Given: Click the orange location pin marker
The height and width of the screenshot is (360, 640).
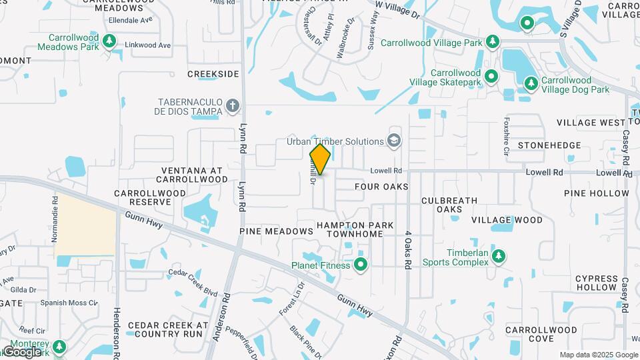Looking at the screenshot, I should coord(320,159).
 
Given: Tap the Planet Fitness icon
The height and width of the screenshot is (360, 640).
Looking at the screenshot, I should coord(361,265).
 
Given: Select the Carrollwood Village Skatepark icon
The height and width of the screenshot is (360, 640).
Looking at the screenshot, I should coord(491,77).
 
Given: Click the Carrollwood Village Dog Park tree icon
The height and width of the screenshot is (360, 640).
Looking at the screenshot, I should coord(531,84).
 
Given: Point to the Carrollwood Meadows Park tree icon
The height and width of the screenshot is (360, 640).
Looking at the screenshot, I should coord(109,42).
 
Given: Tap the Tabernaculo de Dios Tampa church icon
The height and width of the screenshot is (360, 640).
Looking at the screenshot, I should coord(232,105).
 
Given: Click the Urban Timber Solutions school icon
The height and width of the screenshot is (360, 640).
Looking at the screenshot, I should coord(395,141).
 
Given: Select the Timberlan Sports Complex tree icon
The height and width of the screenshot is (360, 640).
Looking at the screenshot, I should coord(497,256).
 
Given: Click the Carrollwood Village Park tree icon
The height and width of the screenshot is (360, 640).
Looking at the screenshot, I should coord(493,43).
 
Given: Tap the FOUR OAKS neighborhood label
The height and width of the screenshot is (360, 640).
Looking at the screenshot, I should coord(381,187).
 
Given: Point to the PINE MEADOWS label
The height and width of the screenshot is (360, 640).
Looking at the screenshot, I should coord(276,231).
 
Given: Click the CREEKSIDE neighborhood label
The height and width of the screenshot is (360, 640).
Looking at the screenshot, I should coord(213,74).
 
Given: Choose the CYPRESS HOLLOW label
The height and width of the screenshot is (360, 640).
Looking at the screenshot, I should coord(597,283).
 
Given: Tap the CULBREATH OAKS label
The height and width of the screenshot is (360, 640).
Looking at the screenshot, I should coord(449,205).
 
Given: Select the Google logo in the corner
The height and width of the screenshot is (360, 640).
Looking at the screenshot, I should coord(22,351).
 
